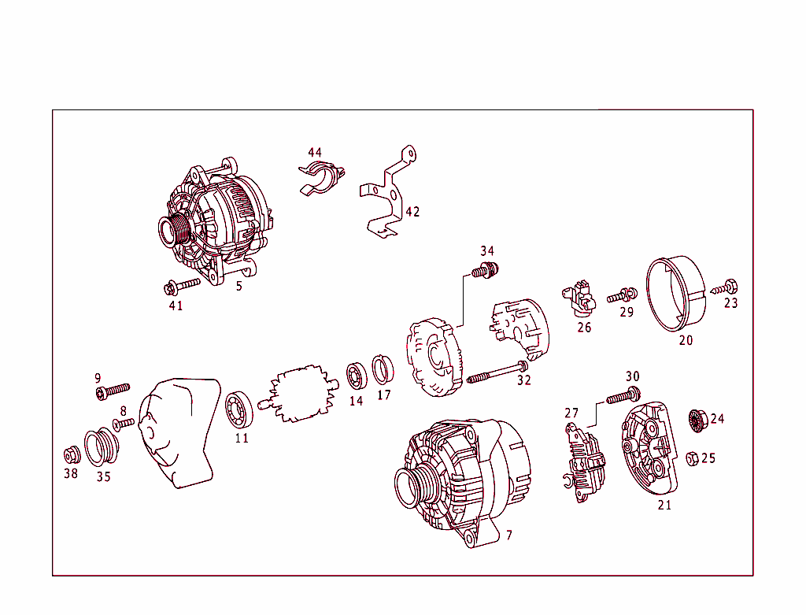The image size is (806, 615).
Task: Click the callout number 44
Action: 315,152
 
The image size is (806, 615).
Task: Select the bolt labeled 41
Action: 183,284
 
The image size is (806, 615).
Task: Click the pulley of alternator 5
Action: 173,231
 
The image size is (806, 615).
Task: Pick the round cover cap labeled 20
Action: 675,296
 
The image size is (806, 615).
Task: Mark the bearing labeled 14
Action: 357,376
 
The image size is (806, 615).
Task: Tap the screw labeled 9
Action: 112,391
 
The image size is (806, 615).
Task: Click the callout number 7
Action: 509,535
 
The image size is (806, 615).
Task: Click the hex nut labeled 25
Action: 693,458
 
